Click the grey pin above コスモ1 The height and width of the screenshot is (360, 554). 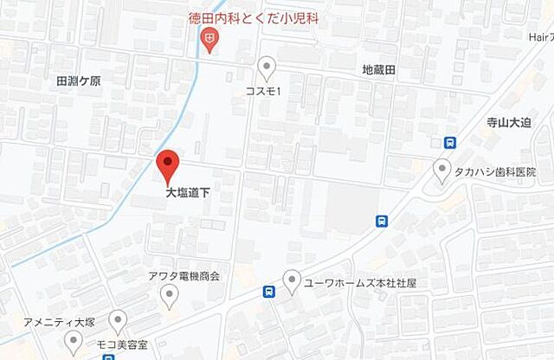click(268, 67)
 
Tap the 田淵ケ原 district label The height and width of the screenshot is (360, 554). click(79, 80)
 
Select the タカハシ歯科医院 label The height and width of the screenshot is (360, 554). click(493, 172)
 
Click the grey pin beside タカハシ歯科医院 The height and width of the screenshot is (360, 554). click(443, 170)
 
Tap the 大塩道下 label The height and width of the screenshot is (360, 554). click(188, 195)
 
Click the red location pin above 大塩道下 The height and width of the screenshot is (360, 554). click(167, 164)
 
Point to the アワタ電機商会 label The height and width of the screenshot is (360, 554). click(184, 276)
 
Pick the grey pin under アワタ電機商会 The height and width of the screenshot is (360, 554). click(170, 298)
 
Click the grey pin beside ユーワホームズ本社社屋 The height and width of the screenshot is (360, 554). click(293, 280)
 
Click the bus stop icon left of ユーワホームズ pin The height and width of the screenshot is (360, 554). click(270, 292)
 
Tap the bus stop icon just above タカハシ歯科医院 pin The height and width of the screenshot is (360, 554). click(449, 144)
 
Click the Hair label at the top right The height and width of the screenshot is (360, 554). click(538, 39)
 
